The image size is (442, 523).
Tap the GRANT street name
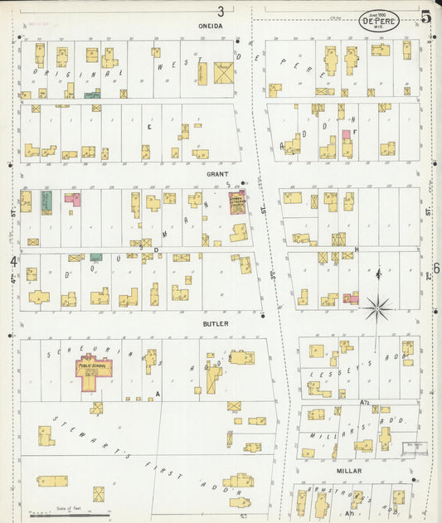pyautogui.click(x=217, y=175)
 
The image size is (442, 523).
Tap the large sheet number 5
pyautogui.click(x=425, y=17)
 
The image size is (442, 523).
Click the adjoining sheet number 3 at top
pyautogui.click(x=221, y=11)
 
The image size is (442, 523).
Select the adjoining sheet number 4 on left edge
pyautogui.click(x=13, y=262)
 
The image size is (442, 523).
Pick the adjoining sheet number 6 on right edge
pyautogui.click(x=435, y=268)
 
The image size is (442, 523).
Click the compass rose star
pyautogui.click(x=378, y=308)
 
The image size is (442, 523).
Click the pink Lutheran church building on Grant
pyautogui.click(x=238, y=202)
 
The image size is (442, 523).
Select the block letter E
pyautogui.click(x=149, y=127)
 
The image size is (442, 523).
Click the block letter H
pyautogui.click(x=355, y=249)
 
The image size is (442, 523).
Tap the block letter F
pyautogui.click(x=354, y=132)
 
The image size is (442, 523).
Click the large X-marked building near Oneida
pyautogui.click(x=224, y=73)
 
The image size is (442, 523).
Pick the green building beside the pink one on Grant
pyautogui.click(x=47, y=200)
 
